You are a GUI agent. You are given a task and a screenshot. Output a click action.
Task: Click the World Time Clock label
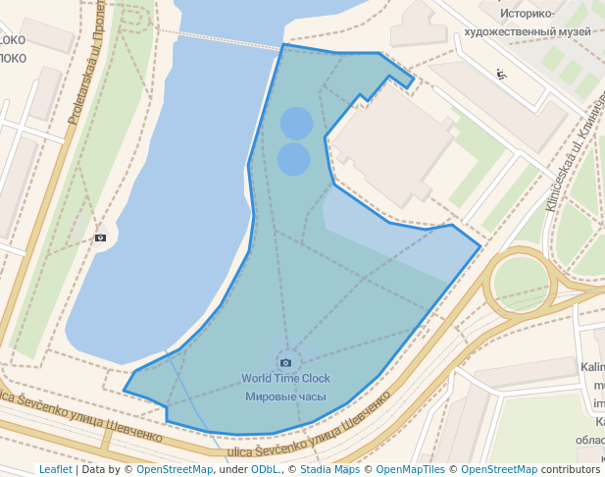[x=285, y=378]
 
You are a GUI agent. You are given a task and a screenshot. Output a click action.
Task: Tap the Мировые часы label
[x=285, y=397]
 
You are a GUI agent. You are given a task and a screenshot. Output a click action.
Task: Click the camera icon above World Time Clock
[x=285, y=362]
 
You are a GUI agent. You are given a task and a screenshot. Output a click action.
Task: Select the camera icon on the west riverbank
[x=100, y=237]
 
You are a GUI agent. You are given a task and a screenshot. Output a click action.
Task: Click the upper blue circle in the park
[x=296, y=124]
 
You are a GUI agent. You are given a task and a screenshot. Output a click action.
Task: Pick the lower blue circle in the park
[x=293, y=159]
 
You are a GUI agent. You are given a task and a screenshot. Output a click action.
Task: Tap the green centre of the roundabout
[x=520, y=284]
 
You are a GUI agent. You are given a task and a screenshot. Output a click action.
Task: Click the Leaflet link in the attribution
[x=55, y=469]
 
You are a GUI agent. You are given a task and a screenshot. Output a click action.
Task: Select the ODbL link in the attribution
[x=264, y=469]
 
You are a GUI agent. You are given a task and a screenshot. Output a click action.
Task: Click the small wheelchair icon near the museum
[x=502, y=74]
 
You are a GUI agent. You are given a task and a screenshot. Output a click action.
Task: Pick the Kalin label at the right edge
[x=592, y=367]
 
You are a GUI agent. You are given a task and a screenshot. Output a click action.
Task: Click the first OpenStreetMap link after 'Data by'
[x=175, y=469]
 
